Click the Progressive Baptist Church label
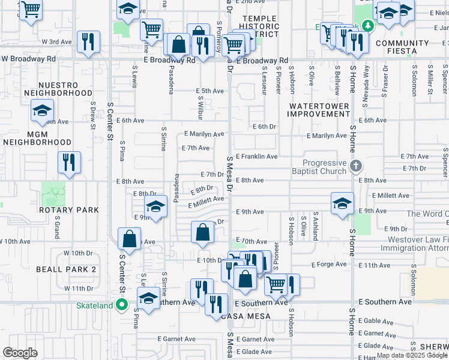click(324, 167)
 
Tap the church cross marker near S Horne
click(355, 166)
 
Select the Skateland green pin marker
click(121, 305)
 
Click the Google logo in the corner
click(20, 352)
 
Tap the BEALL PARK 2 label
click(66, 269)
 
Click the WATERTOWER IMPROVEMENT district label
click(318, 110)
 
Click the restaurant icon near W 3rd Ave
click(88, 42)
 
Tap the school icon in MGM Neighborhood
click(43, 111)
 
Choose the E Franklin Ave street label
click(256, 157)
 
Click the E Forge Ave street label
click(329, 264)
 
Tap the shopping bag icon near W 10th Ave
click(129, 239)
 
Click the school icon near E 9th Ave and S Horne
click(342, 203)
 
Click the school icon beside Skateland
click(148, 298)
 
